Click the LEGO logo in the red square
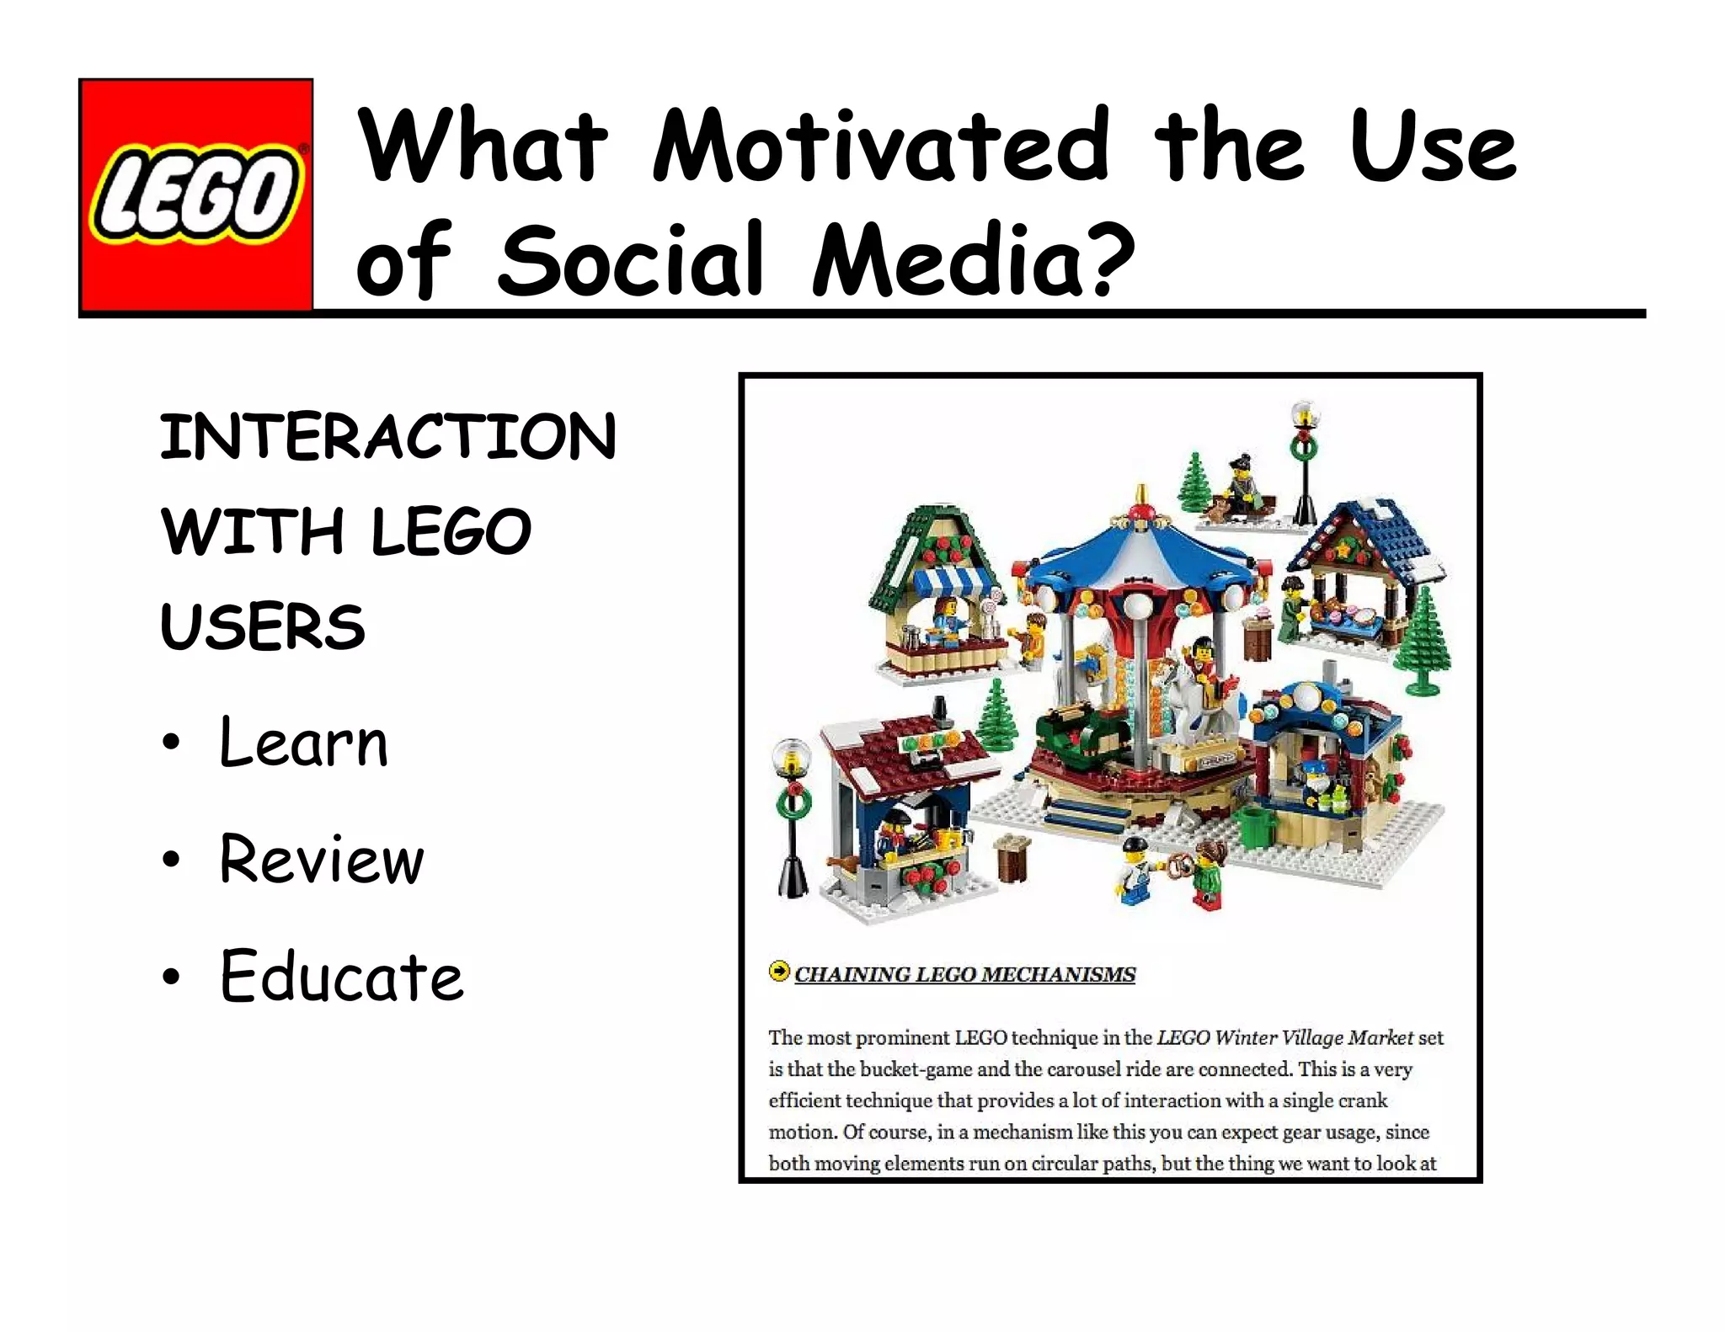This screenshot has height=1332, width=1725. pyautogui.click(x=195, y=194)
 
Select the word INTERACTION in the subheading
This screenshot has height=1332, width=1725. pyautogui.click(x=388, y=437)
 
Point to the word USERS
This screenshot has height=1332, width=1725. pyautogui.click(x=263, y=626)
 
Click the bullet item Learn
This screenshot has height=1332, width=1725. pyautogui.click(x=303, y=743)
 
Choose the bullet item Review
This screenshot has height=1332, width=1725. pyautogui.click(x=321, y=859)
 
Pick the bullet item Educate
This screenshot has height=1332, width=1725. pyautogui.click(x=341, y=976)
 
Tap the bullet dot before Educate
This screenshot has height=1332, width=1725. pyautogui.click(x=172, y=977)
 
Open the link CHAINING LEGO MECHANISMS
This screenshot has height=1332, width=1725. pyautogui.click(x=964, y=974)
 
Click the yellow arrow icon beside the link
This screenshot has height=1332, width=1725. pyautogui.click(x=779, y=972)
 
